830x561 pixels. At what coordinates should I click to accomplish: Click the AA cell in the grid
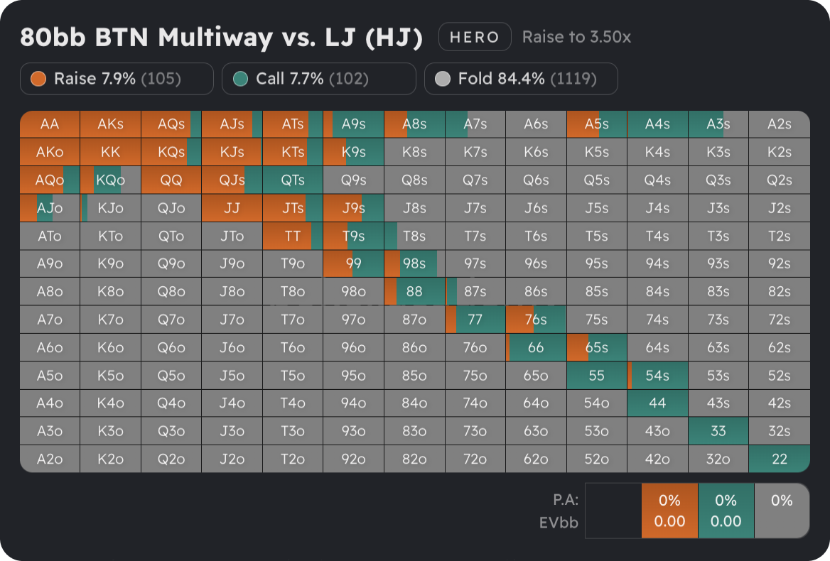(x=50, y=124)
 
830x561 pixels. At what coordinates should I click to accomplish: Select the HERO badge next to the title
(x=475, y=37)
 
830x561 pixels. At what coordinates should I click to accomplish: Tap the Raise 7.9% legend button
(x=117, y=79)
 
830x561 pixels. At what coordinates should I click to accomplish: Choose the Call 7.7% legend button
(x=318, y=79)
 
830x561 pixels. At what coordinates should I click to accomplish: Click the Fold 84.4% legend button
(x=521, y=79)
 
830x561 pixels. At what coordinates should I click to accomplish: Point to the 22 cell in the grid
(x=780, y=459)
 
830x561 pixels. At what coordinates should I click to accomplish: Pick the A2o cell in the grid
(x=50, y=459)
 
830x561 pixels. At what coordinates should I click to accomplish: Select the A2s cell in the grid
(x=780, y=124)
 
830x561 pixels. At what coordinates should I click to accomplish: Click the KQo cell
(x=110, y=180)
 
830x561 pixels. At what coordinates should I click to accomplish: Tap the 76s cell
(x=536, y=320)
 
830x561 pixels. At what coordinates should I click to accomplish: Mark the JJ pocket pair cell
(x=232, y=208)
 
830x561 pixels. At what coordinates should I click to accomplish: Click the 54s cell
(x=657, y=376)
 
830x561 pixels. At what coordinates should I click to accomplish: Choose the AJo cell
(x=50, y=208)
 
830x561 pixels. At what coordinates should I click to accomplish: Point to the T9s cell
(x=353, y=236)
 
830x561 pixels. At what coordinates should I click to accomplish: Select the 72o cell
(x=475, y=459)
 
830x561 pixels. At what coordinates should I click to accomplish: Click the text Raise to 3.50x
(x=576, y=37)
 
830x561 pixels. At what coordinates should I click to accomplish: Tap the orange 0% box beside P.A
(x=669, y=511)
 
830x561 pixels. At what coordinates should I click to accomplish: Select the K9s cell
(x=353, y=152)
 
